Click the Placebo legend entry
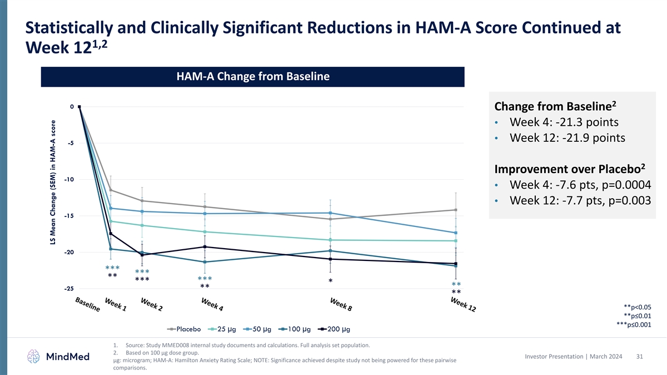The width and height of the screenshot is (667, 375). (x=184, y=329)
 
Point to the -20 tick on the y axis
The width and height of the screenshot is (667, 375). (x=69, y=252)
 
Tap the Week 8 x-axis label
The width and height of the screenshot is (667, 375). (x=345, y=304)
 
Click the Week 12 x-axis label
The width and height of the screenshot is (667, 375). (x=463, y=304)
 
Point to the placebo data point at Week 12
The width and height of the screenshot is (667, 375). (x=456, y=210)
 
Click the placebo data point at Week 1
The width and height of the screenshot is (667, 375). (x=111, y=190)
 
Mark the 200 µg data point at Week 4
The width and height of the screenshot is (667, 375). (x=205, y=246)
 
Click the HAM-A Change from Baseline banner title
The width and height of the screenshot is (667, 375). (x=252, y=77)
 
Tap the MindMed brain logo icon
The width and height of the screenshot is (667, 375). (x=34, y=356)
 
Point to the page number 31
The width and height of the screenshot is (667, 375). (x=639, y=356)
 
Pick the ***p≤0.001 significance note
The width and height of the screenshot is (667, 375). (x=634, y=325)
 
